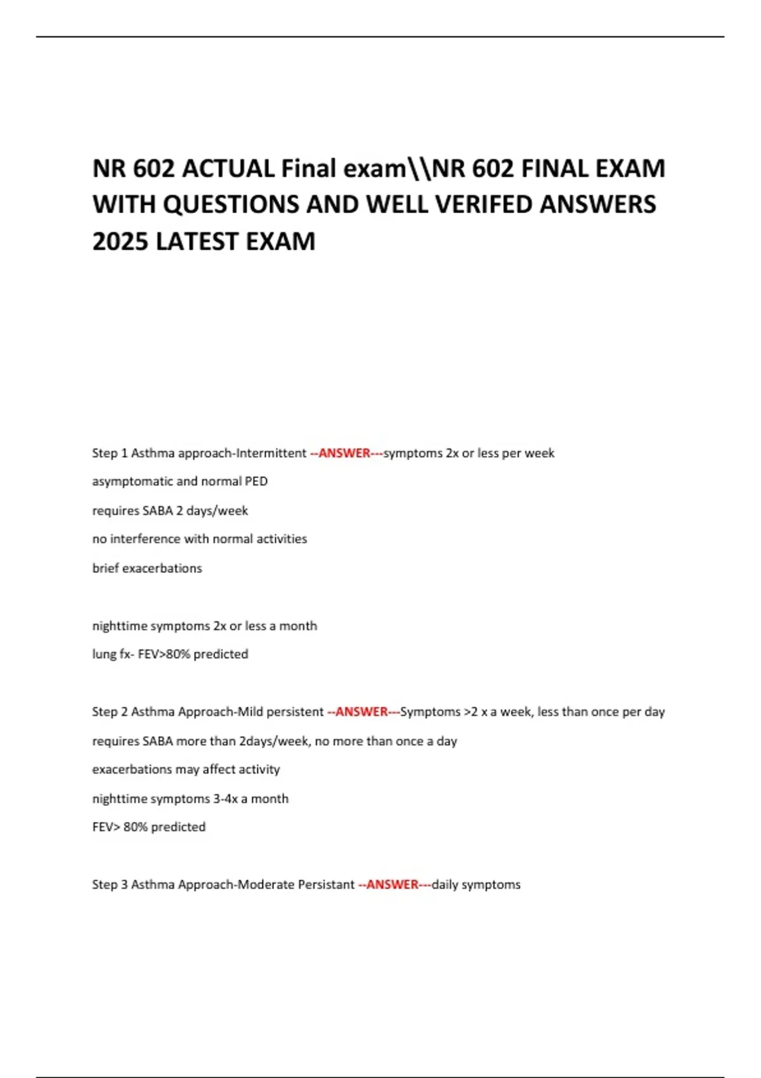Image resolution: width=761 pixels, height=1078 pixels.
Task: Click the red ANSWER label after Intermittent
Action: click(344, 453)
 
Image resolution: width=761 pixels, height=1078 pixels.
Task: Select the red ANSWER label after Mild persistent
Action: click(361, 712)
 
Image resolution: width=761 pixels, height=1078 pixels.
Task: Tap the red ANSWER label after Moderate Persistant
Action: click(393, 885)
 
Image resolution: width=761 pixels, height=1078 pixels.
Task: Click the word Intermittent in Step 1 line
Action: click(271, 453)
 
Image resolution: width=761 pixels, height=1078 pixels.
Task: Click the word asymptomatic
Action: click(132, 481)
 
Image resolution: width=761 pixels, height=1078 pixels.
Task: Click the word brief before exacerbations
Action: click(105, 568)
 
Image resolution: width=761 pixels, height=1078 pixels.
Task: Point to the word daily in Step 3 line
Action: click(444, 885)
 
